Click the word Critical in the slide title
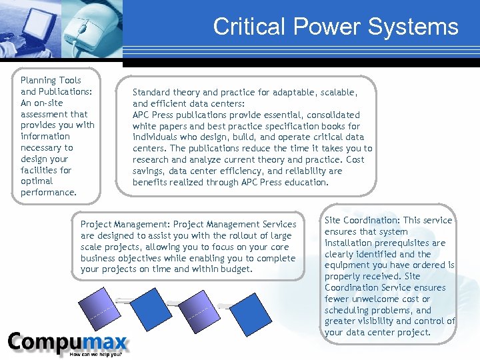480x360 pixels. coord(242,27)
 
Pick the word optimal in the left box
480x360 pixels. coord(37,181)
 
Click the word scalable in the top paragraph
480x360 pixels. coord(335,92)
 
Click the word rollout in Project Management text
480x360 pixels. coord(243,235)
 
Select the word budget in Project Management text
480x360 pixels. coord(237,269)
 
